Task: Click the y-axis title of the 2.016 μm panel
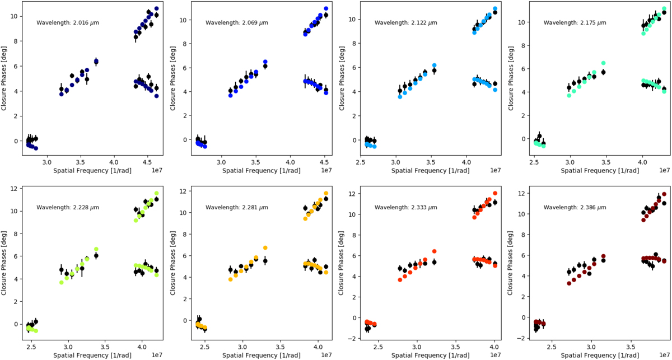5,79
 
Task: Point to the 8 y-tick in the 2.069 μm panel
186,44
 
